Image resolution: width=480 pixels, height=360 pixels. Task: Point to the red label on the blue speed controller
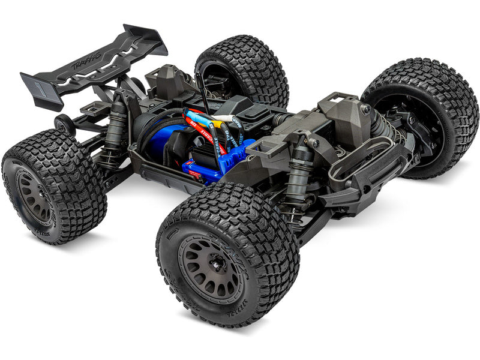click(x=195, y=173)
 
